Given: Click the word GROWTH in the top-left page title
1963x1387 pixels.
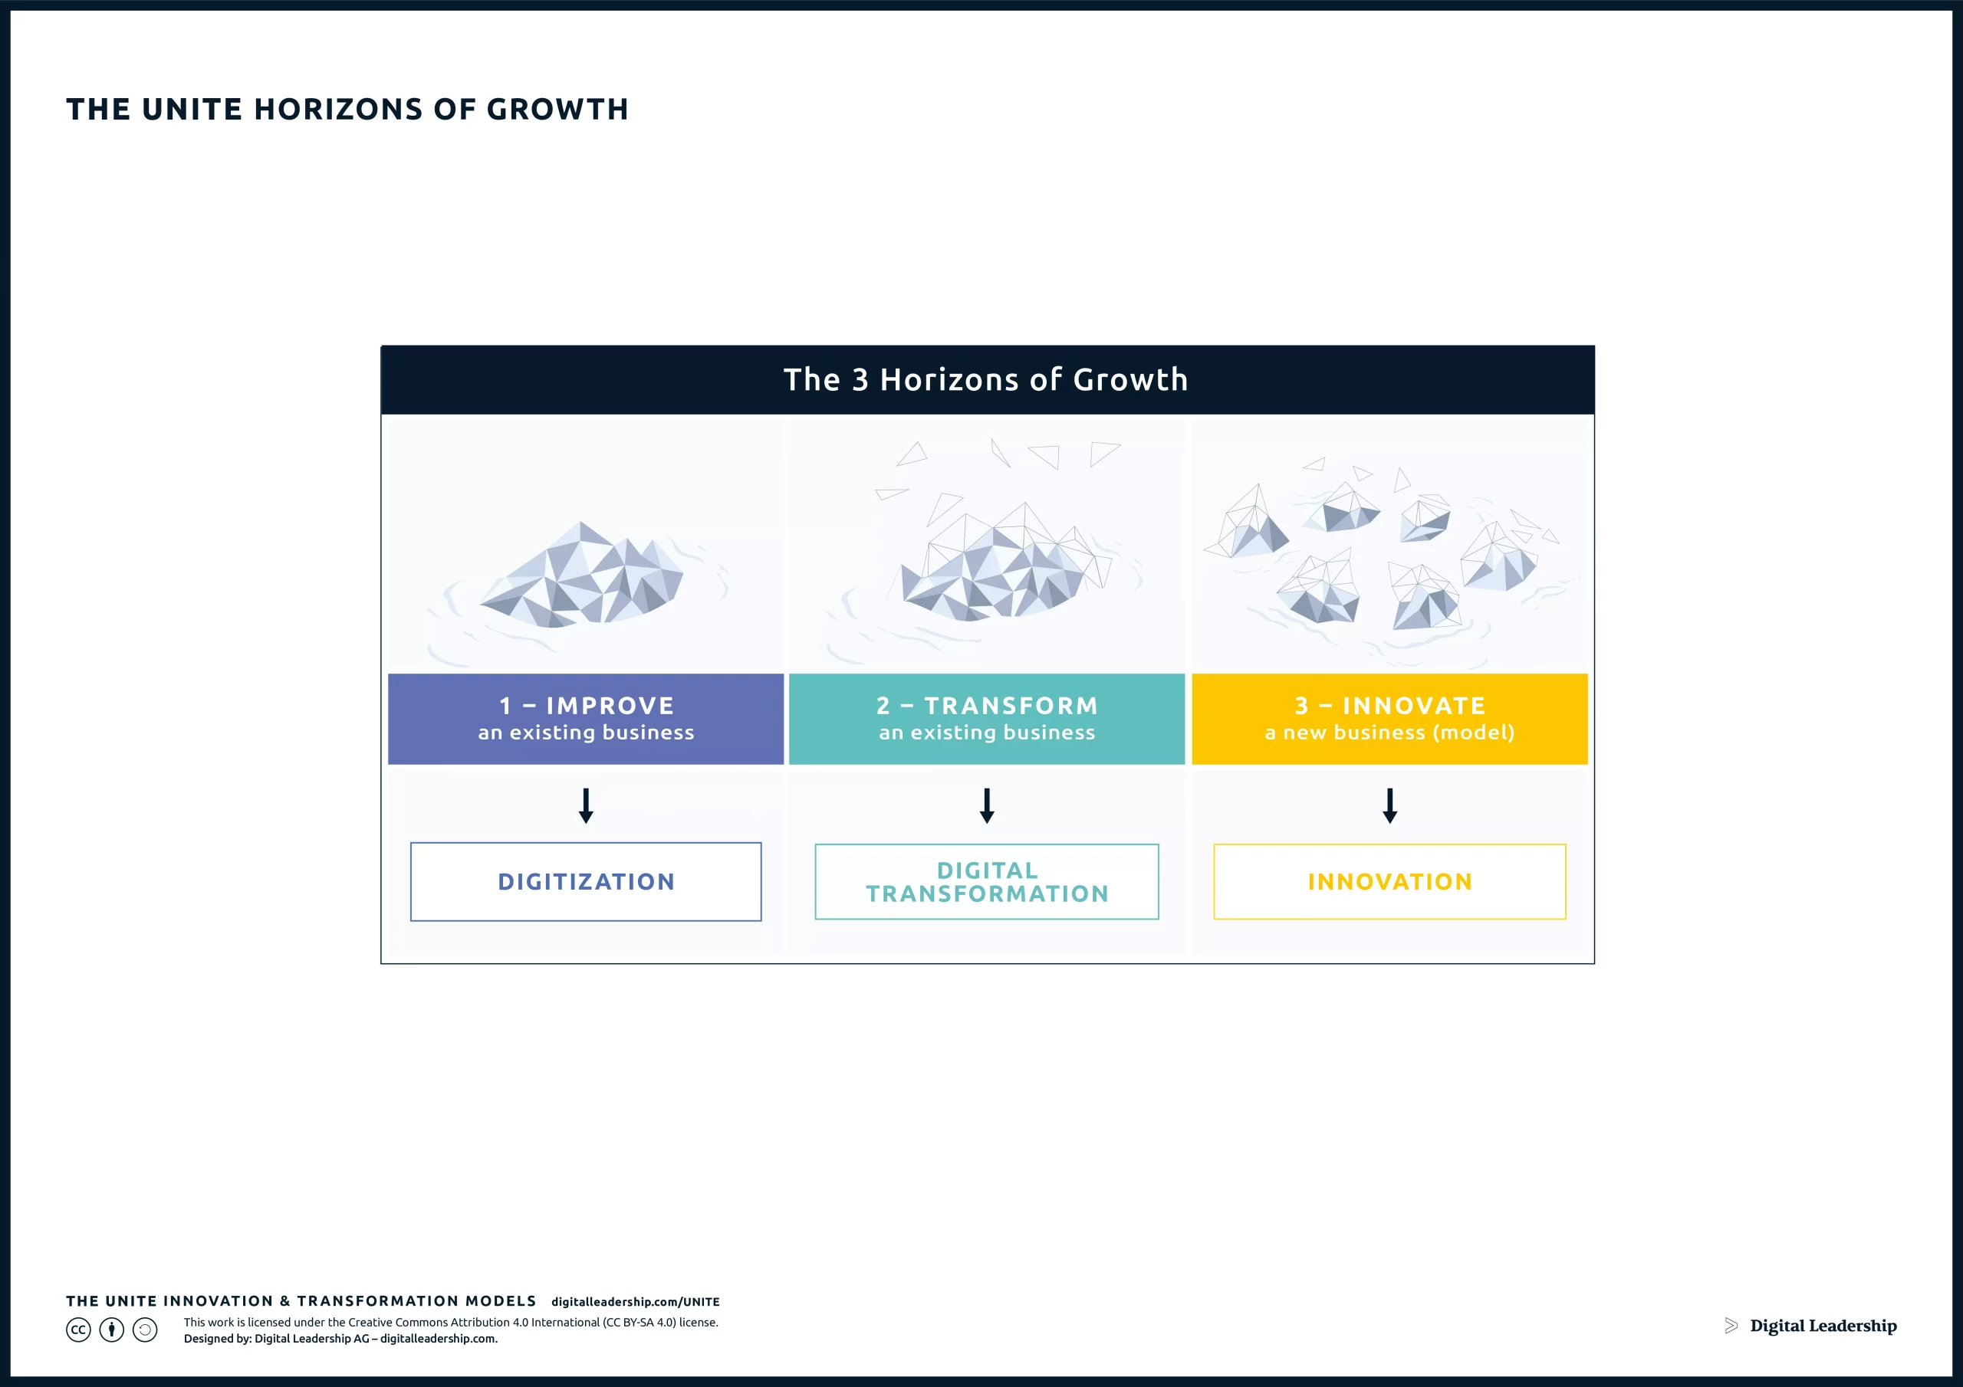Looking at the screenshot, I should point(557,110).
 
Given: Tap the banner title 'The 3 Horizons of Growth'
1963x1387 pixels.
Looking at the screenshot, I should point(986,379).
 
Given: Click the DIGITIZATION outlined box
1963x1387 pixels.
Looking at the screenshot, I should point(586,881).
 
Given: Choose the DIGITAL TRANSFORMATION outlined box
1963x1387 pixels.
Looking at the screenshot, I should point(987,881).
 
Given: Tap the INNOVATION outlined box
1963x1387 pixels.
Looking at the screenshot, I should point(1389,881).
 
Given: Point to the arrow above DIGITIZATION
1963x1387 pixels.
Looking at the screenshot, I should point(586,805).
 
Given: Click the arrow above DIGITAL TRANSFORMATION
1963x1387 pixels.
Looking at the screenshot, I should point(987,805).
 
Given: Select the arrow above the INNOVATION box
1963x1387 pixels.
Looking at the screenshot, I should point(1389,805).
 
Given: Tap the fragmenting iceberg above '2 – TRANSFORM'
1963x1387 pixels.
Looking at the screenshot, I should point(996,569).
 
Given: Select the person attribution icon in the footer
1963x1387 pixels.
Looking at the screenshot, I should point(112,1330).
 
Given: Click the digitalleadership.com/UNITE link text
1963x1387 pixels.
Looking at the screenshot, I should point(635,1301).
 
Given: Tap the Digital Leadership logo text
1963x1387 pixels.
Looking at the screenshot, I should point(1823,1326).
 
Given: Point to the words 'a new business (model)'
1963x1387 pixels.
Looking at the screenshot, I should point(1389,733).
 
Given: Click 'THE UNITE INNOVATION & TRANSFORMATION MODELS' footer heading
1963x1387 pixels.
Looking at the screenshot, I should point(301,1300).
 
